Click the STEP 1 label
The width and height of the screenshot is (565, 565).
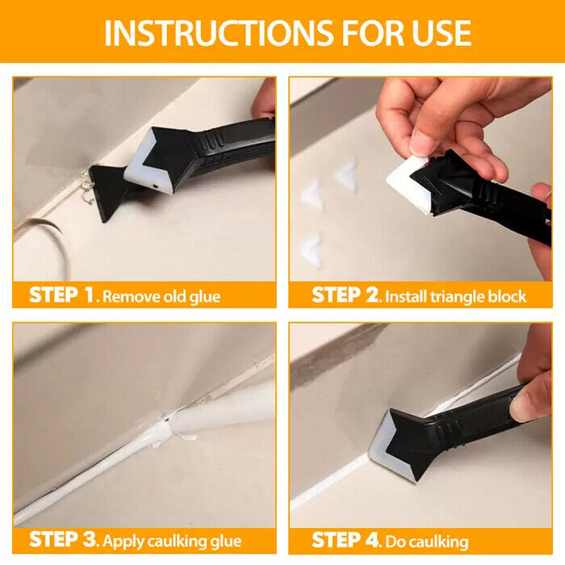[64, 295]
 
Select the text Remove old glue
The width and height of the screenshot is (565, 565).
[161, 296]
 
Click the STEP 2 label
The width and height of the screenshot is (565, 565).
[345, 295]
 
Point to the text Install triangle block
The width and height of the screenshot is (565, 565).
[456, 296]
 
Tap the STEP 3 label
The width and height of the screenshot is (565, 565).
[64, 538]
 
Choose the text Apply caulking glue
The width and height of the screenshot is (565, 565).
[173, 539]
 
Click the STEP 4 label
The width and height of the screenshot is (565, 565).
[346, 538]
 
